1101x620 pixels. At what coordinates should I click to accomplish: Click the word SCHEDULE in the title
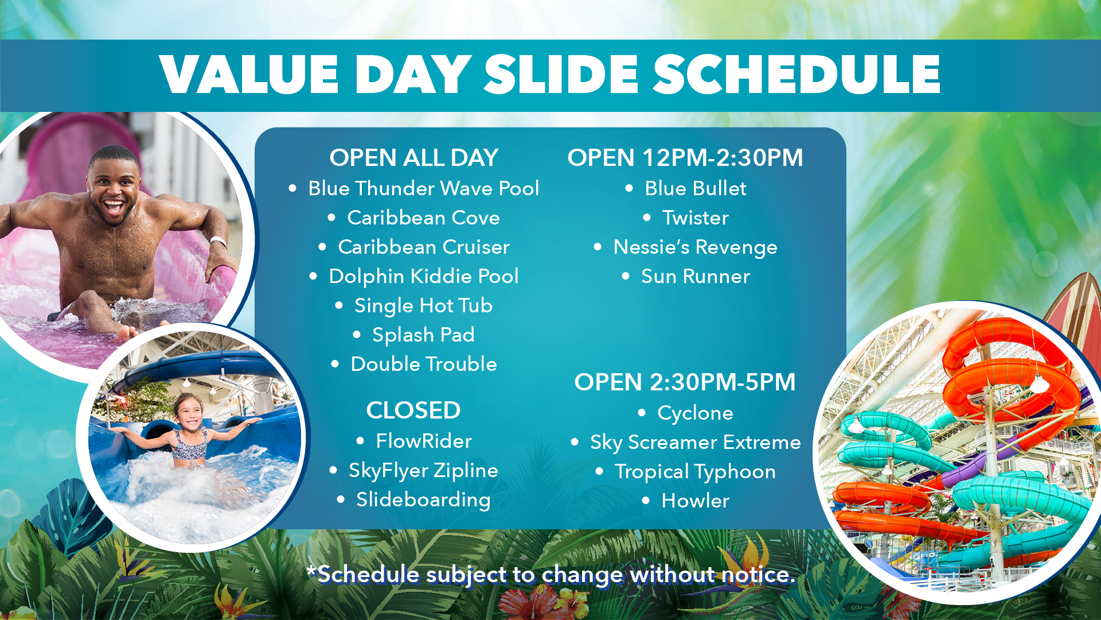797,74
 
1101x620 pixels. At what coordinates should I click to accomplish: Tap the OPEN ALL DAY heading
413,158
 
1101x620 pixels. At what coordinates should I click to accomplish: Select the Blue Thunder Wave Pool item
423,188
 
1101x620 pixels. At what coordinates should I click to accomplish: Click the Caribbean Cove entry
423,218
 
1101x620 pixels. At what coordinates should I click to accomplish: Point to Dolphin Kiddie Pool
423,276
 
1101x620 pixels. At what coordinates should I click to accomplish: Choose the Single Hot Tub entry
423,305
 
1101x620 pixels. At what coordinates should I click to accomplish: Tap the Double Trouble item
423,364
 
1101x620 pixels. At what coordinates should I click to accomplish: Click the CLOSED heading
413,410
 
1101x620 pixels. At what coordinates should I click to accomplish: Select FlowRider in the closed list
423,441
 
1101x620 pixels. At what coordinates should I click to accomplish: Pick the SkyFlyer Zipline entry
423,471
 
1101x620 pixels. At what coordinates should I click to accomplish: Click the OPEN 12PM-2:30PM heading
685,158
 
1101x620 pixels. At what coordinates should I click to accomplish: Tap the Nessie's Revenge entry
695,247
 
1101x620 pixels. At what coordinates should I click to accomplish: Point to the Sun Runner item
695,276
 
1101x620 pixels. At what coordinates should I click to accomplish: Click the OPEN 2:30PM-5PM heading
685,382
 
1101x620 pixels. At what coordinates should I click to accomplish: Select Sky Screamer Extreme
695,442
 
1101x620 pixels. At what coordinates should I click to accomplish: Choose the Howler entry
695,501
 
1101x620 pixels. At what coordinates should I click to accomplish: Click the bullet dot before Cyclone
642,413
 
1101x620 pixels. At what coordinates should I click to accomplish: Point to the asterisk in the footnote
312,571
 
